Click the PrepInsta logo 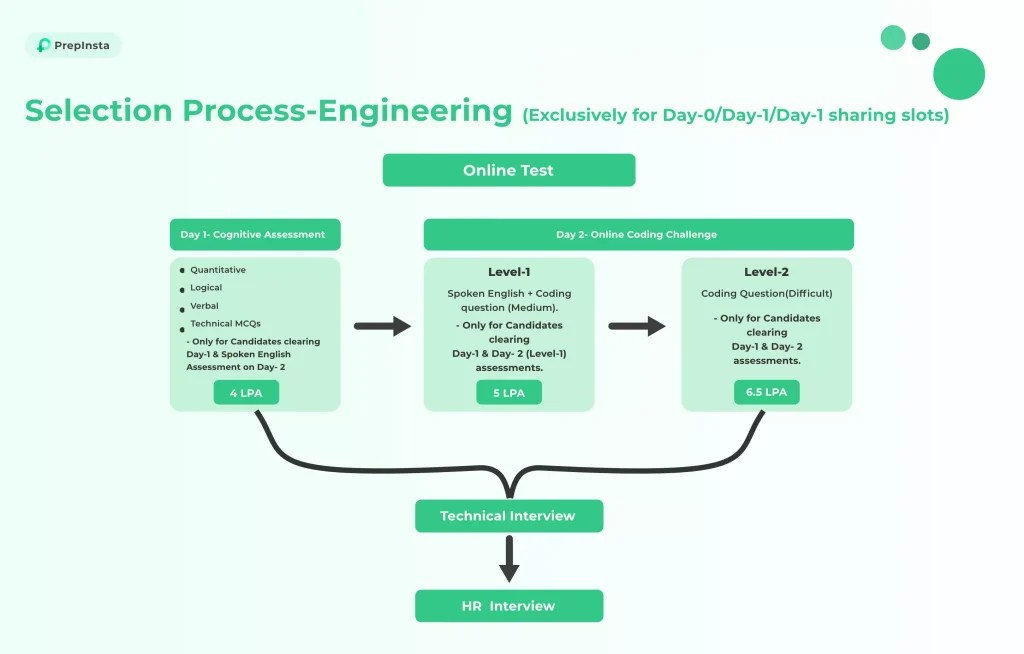click(x=73, y=45)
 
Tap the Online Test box click(x=509, y=170)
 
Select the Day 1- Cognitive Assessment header click(x=255, y=235)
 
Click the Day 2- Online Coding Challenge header click(x=639, y=235)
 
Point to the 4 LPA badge click(x=246, y=393)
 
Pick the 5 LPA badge click(x=509, y=393)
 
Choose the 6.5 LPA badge click(x=767, y=392)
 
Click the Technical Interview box click(x=509, y=516)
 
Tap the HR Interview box click(x=509, y=606)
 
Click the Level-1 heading click(x=509, y=272)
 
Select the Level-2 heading click(x=767, y=272)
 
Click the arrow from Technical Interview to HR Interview click(x=509, y=559)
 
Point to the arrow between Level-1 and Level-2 click(x=637, y=325)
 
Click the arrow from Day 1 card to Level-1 click(x=383, y=325)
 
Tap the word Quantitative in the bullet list click(x=218, y=270)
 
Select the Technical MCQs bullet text click(x=225, y=323)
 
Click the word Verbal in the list click(x=204, y=306)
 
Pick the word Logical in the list click(x=206, y=287)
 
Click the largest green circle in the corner click(x=959, y=74)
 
